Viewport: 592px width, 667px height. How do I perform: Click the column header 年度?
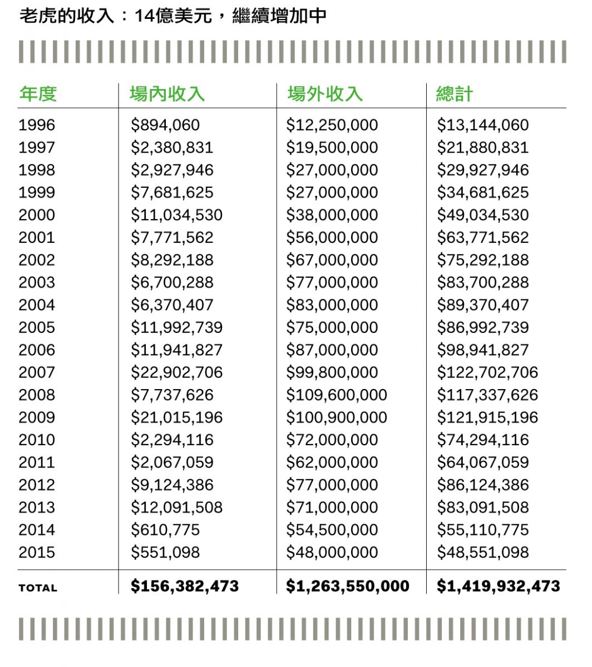(38, 94)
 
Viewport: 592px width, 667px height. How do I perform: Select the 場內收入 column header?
(167, 94)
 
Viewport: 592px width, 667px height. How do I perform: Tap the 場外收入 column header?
(325, 94)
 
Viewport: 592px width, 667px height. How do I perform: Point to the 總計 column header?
(454, 94)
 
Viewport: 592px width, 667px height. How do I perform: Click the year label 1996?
(37, 125)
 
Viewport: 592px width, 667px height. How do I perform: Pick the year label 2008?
(37, 395)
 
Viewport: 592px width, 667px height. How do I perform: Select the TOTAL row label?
(38, 588)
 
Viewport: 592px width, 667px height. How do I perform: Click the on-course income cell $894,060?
(165, 125)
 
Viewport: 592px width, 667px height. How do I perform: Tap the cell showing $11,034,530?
(177, 215)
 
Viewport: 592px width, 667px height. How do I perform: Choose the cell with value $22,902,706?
(177, 372)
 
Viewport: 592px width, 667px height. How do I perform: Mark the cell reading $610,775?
(165, 530)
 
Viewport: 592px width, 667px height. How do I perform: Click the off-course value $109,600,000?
(337, 395)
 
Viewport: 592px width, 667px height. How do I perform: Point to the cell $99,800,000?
(332, 372)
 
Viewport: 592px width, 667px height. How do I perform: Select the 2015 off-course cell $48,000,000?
(332, 552)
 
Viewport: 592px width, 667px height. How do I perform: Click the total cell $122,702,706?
(487, 372)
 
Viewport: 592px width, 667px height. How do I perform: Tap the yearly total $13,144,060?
(483, 125)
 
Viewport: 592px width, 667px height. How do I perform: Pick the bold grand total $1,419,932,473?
(499, 586)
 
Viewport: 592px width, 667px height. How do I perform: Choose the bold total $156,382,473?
(185, 586)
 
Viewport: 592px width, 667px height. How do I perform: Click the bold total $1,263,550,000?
(348, 586)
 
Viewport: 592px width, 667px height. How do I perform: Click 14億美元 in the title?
(173, 16)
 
